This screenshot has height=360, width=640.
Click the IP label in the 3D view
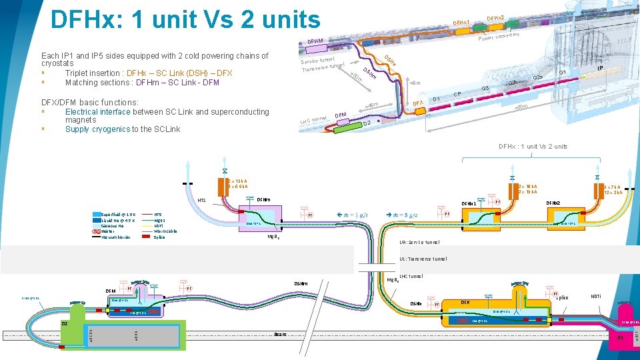pyautogui.click(x=600, y=68)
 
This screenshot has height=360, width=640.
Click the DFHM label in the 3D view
pyautogui.click(x=315, y=42)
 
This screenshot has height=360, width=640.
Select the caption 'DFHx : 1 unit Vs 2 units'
pyautogui.click(x=533, y=147)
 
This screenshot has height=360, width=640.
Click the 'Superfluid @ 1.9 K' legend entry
pyautogui.click(x=117, y=214)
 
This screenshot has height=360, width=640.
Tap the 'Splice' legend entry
pyautogui.click(x=159, y=237)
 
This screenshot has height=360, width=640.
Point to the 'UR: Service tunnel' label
pyautogui.click(x=419, y=242)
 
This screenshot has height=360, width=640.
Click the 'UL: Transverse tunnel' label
pyautogui.click(x=423, y=259)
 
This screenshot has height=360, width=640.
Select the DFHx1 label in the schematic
pyautogui.click(x=471, y=203)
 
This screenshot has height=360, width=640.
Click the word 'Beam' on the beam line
pyautogui.click(x=281, y=334)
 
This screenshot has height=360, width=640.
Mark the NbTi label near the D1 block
pyautogui.click(x=597, y=296)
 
